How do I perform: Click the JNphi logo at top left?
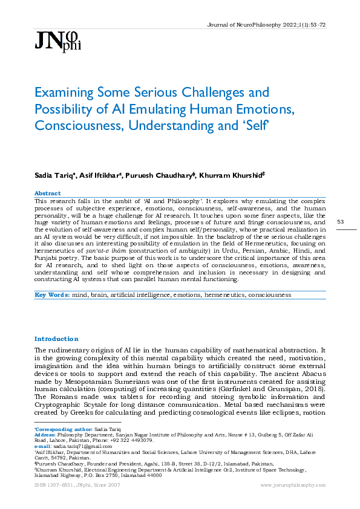click(x=57, y=40)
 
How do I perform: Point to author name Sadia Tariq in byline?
click(x=53, y=175)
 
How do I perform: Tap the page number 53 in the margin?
click(x=340, y=222)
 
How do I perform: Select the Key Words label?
click(x=50, y=295)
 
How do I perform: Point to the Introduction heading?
click(x=56, y=339)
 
